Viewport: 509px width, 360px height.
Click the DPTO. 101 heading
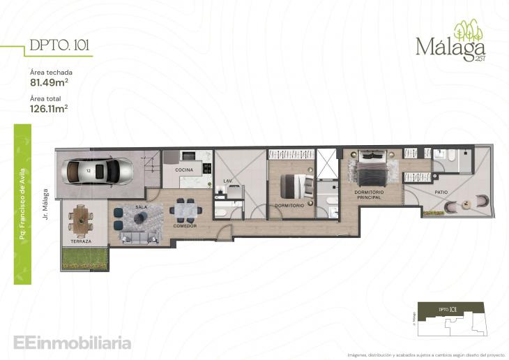pyautogui.click(x=59, y=47)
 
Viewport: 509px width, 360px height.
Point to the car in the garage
pyautogui.click(x=97, y=170)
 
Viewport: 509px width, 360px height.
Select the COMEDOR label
pyautogui.click(x=185, y=226)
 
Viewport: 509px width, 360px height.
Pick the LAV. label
pyautogui.click(x=227, y=181)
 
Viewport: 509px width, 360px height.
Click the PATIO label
pyautogui.click(x=441, y=191)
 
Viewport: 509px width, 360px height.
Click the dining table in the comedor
pyautogui.click(x=185, y=209)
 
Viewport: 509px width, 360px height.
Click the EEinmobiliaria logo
pyautogui.click(x=72, y=343)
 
